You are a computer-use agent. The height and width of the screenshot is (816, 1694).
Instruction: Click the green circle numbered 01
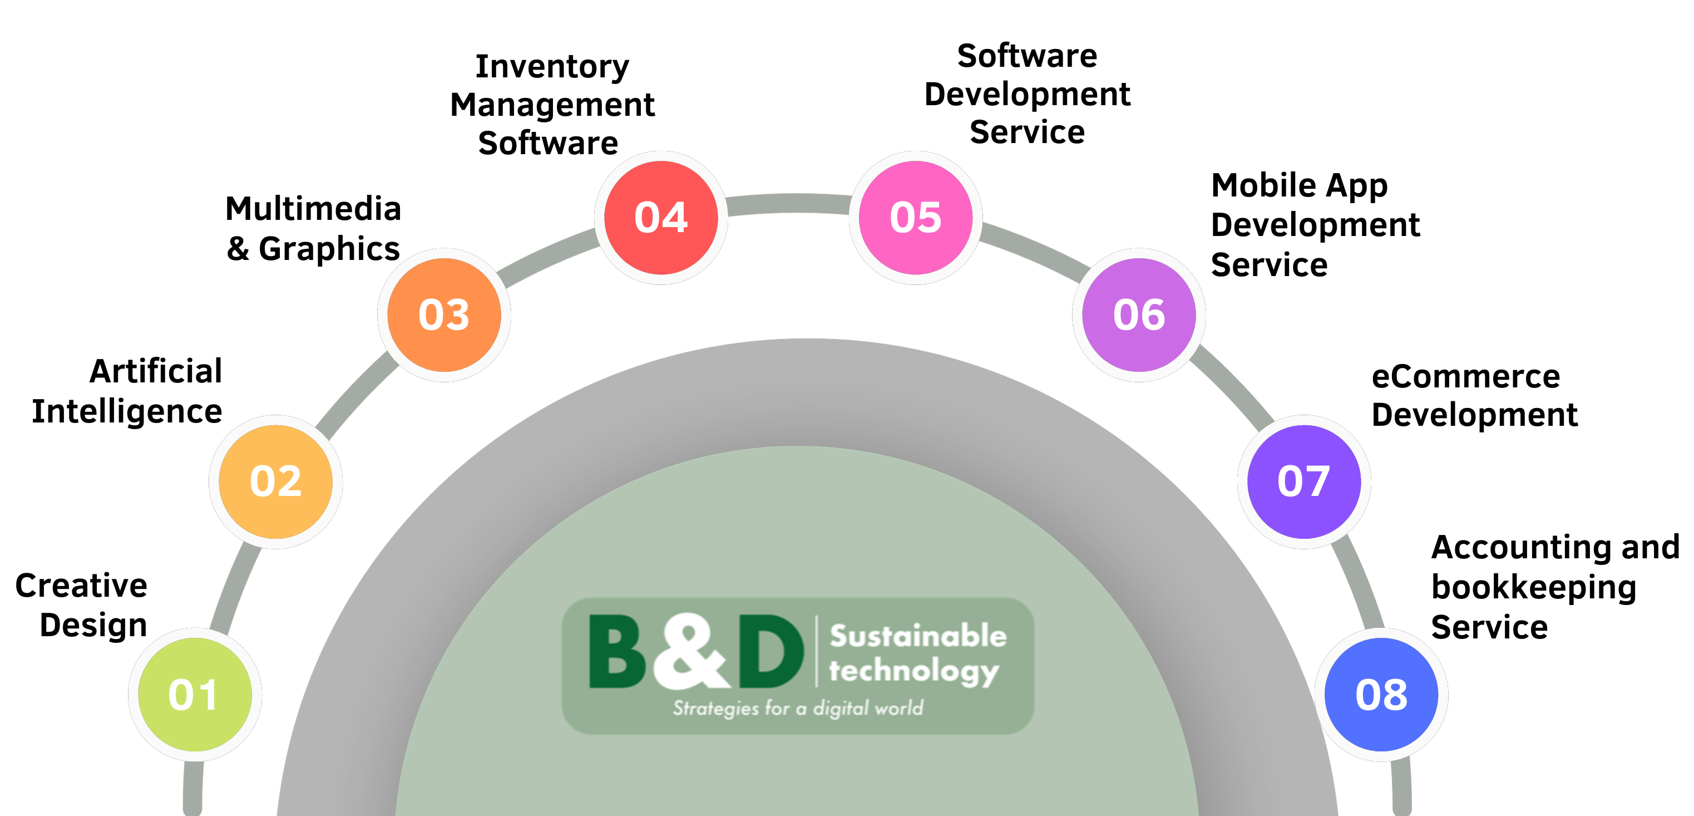click(x=195, y=695)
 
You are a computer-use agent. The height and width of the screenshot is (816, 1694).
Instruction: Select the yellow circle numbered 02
click(x=275, y=481)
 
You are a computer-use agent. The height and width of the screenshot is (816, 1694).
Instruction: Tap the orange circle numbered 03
click(x=444, y=315)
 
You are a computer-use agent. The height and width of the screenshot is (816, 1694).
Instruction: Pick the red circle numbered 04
click(x=661, y=218)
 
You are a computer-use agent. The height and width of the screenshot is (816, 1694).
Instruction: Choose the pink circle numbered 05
click(x=915, y=218)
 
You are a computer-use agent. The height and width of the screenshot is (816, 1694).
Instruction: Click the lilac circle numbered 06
click(x=1139, y=315)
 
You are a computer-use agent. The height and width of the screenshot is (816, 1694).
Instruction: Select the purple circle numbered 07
click(x=1303, y=481)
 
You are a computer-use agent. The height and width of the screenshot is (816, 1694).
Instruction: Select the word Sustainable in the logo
click(x=918, y=636)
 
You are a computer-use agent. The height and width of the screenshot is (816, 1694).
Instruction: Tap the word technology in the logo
click(x=913, y=672)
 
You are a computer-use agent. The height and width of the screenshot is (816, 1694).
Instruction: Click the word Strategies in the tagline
click(x=715, y=709)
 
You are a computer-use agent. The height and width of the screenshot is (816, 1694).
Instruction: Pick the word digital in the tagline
click(x=841, y=709)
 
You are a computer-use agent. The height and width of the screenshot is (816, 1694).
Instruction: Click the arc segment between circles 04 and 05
click(x=788, y=204)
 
